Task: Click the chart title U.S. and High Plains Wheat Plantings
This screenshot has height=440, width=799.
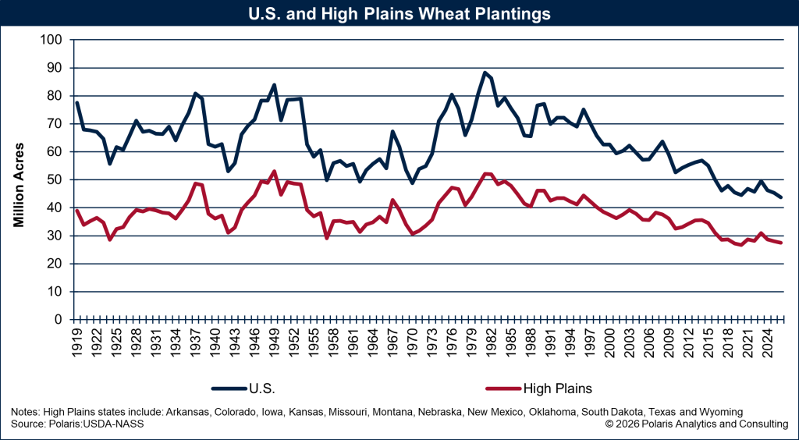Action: [399, 14]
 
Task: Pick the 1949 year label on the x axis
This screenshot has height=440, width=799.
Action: [274, 340]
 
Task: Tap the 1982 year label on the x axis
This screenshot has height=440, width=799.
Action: [491, 340]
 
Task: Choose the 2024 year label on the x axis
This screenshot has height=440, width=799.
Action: [766, 340]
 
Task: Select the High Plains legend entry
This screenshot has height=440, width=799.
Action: [558, 386]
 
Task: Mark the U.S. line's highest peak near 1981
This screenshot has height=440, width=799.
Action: [485, 73]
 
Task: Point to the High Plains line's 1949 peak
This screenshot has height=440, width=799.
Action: [274, 171]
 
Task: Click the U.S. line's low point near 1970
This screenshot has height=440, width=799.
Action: [412, 183]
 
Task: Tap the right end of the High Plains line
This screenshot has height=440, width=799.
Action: [782, 243]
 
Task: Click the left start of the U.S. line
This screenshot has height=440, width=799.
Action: [76, 103]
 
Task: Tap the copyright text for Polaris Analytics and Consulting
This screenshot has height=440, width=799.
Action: [696, 424]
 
